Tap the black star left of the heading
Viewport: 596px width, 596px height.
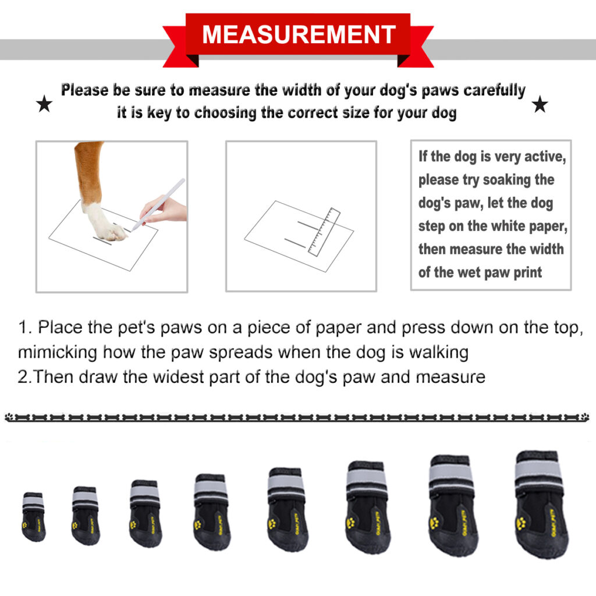(44, 105)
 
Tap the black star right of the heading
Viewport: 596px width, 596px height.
(540, 105)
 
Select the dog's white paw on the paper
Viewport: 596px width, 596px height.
(105, 223)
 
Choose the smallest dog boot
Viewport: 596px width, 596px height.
(33, 517)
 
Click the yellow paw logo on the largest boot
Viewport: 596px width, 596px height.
(520, 521)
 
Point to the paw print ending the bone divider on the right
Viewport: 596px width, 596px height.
(584, 417)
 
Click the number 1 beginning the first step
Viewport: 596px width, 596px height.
(23, 328)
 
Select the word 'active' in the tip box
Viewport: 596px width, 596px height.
(544, 157)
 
